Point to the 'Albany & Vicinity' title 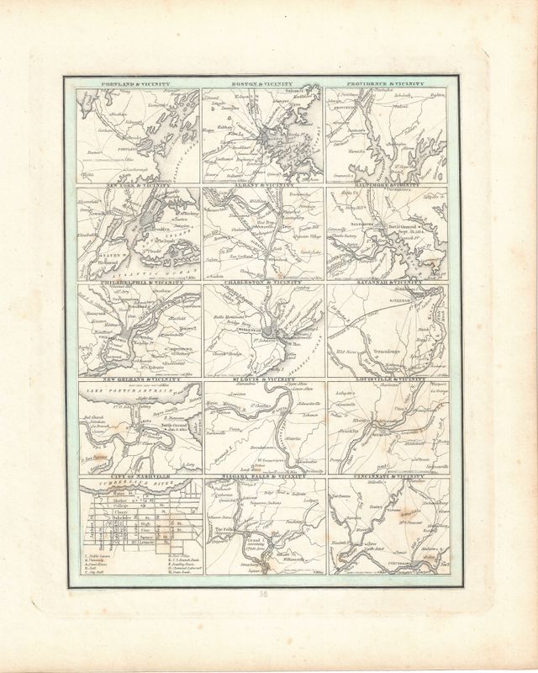(x=266, y=184)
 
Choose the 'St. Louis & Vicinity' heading (x=266, y=379)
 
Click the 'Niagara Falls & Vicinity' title (x=266, y=477)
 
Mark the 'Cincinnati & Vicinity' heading (x=388, y=477)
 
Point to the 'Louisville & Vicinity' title (x=388, y=379)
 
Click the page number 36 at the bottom (x=266, y=593)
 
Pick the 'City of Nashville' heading (x=139, y=477)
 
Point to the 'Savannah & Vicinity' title (x=388, y=283)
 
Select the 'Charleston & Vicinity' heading (x=266, y=283)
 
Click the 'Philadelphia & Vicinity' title (x=139, y=283)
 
